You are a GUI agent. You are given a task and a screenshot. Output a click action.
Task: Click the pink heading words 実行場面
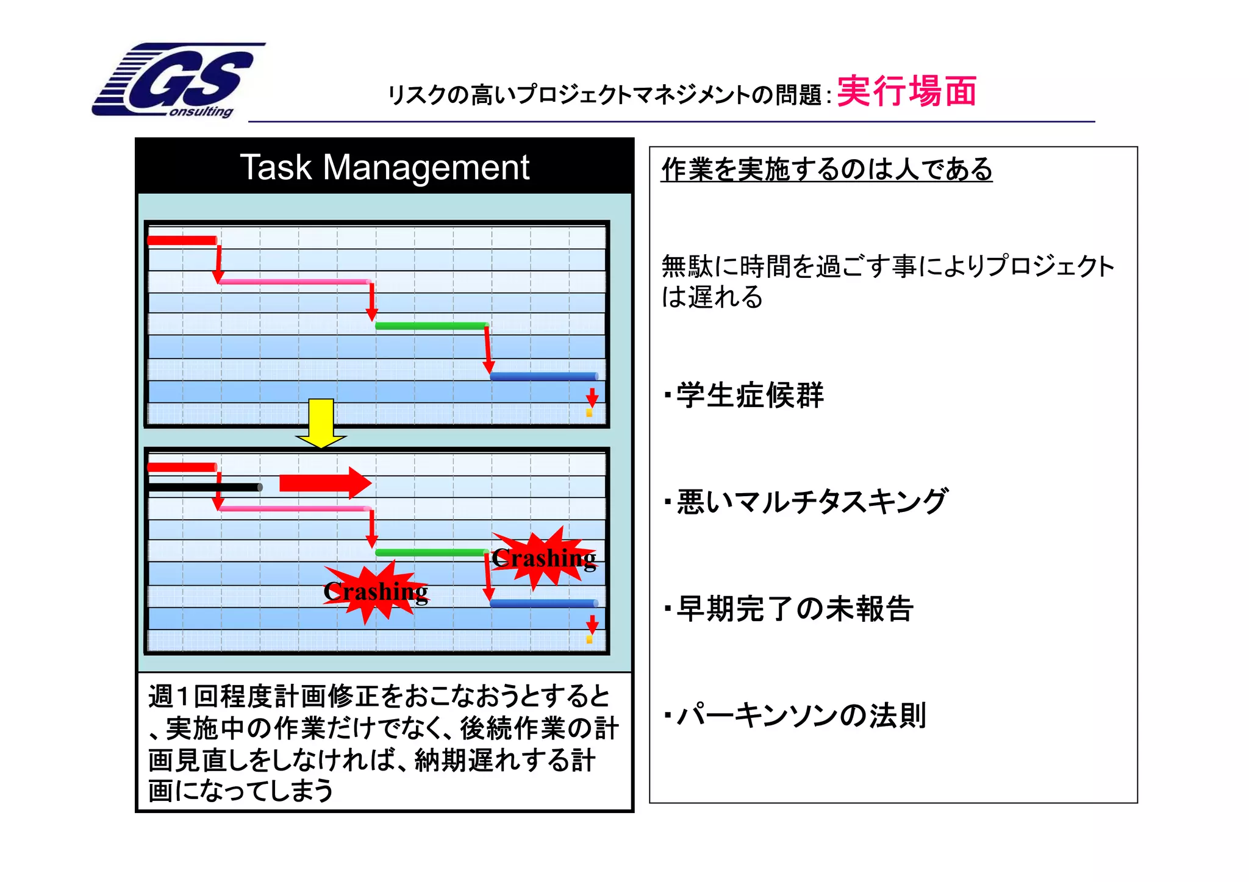click(906, 91)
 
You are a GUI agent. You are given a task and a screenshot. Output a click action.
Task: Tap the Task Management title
click(384, 167)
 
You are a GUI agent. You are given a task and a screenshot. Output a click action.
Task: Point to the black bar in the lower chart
click(204, 487)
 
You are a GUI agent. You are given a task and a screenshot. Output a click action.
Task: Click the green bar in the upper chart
click(431, 325)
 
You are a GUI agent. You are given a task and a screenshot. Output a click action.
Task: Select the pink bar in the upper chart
click(295, 282)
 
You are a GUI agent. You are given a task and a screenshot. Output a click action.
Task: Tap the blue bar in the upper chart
click(543, 376)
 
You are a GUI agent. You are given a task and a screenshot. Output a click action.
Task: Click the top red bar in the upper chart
click(182, 240)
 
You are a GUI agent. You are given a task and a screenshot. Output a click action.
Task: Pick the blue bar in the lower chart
click(543, 603)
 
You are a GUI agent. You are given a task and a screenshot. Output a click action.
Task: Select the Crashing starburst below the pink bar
click(375, 591)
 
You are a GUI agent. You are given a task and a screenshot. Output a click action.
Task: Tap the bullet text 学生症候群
click(750, 395)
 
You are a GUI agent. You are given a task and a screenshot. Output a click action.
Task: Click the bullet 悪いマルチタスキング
click(811, 502)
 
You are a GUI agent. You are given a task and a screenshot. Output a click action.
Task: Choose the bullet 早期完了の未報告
click(794, 608)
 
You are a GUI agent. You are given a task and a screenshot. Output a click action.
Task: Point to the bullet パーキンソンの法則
click(801, 715)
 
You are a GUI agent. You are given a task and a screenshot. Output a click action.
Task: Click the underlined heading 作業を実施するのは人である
click(826, 169)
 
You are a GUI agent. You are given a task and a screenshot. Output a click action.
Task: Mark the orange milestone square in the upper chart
click(589, 413)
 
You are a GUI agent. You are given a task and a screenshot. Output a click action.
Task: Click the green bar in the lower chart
click(431, 553)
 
